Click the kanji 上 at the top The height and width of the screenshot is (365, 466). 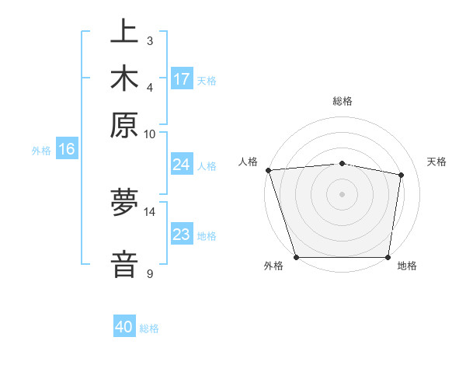124,34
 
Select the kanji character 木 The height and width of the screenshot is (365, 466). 124,79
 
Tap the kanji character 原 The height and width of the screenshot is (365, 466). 124,124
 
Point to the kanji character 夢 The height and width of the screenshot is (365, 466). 124,203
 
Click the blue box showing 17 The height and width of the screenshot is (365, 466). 182,79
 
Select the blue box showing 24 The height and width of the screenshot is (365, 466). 181,165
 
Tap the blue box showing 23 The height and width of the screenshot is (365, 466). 181,235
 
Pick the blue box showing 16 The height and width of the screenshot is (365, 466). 67,149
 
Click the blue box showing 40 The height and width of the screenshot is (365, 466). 124,327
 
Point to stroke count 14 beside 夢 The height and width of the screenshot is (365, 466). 150,211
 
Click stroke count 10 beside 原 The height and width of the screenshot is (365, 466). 150,134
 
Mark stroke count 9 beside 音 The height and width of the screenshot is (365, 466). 150,273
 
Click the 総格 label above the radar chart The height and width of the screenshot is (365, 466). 343,101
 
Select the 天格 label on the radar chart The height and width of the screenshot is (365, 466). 436,162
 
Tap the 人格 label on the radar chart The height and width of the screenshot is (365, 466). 248,162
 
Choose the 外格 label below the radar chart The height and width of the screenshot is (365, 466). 273,266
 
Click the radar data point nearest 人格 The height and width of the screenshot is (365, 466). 268,170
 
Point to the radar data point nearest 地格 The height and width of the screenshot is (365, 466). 388,257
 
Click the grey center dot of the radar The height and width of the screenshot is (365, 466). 343,194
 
